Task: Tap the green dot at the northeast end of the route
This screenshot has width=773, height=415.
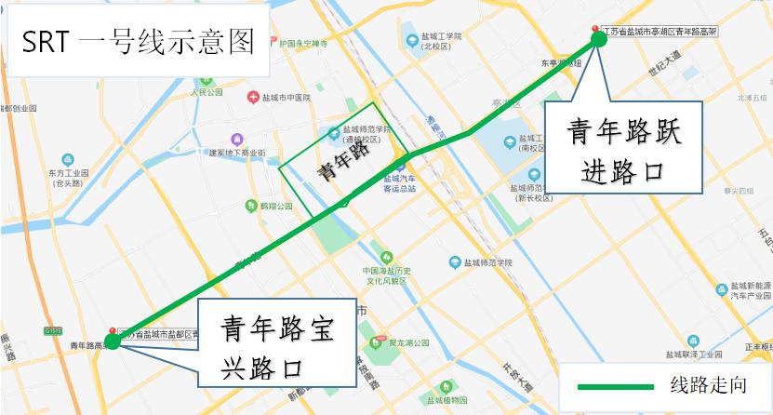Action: [599, 40]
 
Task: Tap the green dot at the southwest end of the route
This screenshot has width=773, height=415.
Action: [112, 341]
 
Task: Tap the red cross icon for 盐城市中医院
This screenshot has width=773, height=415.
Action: [252, 98]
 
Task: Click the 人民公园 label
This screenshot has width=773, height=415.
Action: [207, 93]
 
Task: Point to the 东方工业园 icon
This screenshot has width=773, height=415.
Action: [68, 160]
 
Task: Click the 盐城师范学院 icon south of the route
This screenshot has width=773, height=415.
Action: [455, 262]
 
